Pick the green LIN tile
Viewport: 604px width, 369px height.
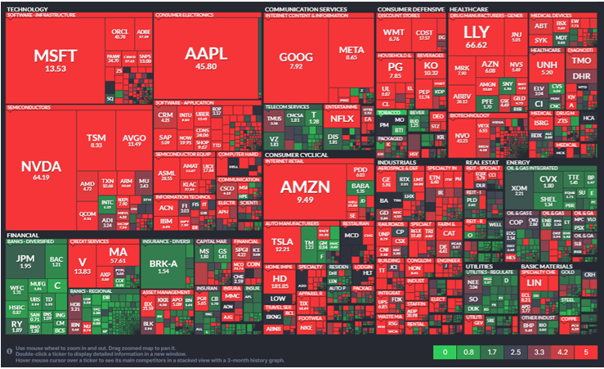coord(535,283)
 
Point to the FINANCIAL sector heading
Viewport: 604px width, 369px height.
coord(21,233)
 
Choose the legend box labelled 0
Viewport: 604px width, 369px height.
coord(444,353)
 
